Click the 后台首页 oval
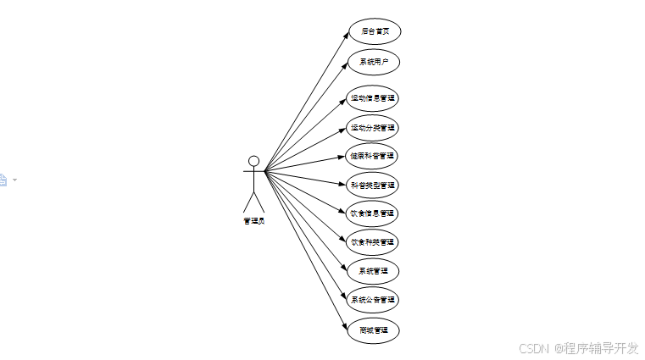(374, 31)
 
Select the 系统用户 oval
(374, 63)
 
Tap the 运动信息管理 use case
(373, 98)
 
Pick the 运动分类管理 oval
(373, 129)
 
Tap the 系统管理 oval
(373, 271)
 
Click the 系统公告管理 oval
(373, 300)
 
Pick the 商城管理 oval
(373, 330)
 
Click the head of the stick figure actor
(253, 161)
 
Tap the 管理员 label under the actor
(253, 221)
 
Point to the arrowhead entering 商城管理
(345, 324)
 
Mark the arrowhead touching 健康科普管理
(343, 158)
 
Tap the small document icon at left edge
(3, 180)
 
